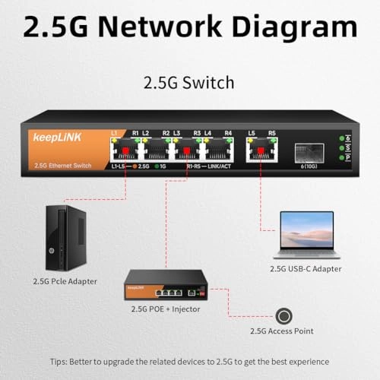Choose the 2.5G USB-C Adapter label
[306, 268]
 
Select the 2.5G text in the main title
[61, 27]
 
